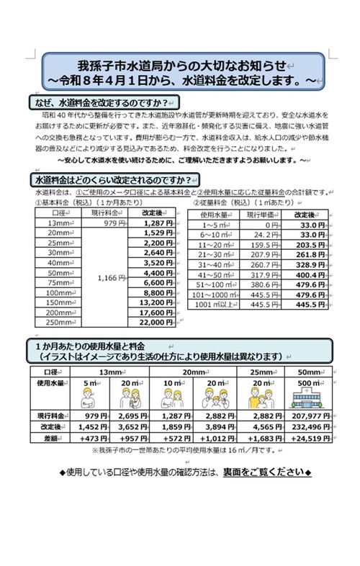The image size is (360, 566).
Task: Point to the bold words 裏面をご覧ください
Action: coord(274,472)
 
